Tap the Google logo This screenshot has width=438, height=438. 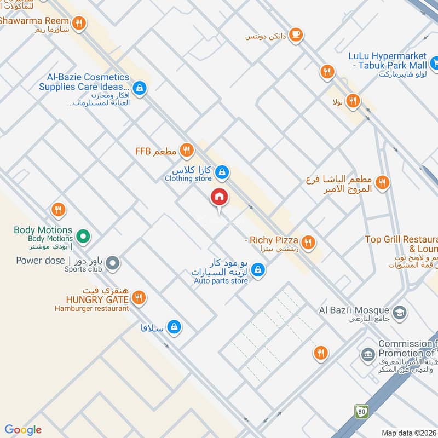click(x=22, y=430)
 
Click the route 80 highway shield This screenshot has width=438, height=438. click(x=360, y=410)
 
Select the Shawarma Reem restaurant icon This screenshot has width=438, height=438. click(x=80, y=23)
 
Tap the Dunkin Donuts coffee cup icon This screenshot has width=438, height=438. click(x=296, y=34)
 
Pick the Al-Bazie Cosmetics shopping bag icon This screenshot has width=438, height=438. click(x=140, y=88)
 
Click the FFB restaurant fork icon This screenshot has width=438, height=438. click(x=187, y=149)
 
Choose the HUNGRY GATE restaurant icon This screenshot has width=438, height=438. click(x=139, y=297)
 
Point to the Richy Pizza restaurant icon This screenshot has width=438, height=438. click(x=308, y=241)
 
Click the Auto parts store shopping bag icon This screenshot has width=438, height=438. click(x=259, y=270)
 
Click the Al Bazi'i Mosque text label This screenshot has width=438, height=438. click(x=354, y=310)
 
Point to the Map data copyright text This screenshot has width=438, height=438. click(x=408, y=433)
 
